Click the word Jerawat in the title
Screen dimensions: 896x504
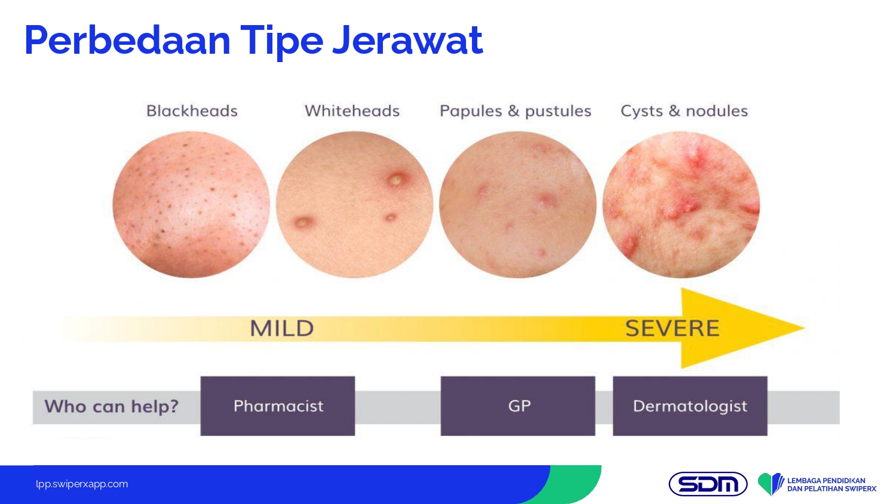pos(407,41)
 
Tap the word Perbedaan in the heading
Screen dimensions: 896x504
pos(128,41)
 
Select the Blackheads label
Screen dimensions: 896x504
pos(192,111)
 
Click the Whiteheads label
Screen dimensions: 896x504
pos(352,111)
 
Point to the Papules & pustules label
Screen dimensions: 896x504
pos(515,111)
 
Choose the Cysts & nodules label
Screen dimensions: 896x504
pos(684,111)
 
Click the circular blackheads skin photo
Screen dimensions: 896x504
pos(191,204)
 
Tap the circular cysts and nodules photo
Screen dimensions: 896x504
pos(681,204)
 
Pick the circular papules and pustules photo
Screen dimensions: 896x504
pos(518,204)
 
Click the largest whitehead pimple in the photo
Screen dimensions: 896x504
pos(397,180)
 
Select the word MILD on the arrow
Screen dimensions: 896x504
pos(282,328)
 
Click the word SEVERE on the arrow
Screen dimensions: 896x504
pos(673,328)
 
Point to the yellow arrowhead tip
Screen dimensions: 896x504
pos(805,328)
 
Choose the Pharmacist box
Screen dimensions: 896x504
pos(278,406)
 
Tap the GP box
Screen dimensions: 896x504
pos(518,406)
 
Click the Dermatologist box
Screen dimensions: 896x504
pos(690,406)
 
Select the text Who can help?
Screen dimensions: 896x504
pos(111,407)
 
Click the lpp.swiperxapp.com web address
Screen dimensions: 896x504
pos(82,484)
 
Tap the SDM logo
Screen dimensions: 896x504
pos(708,484)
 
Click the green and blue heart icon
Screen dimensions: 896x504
pos(770,484)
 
